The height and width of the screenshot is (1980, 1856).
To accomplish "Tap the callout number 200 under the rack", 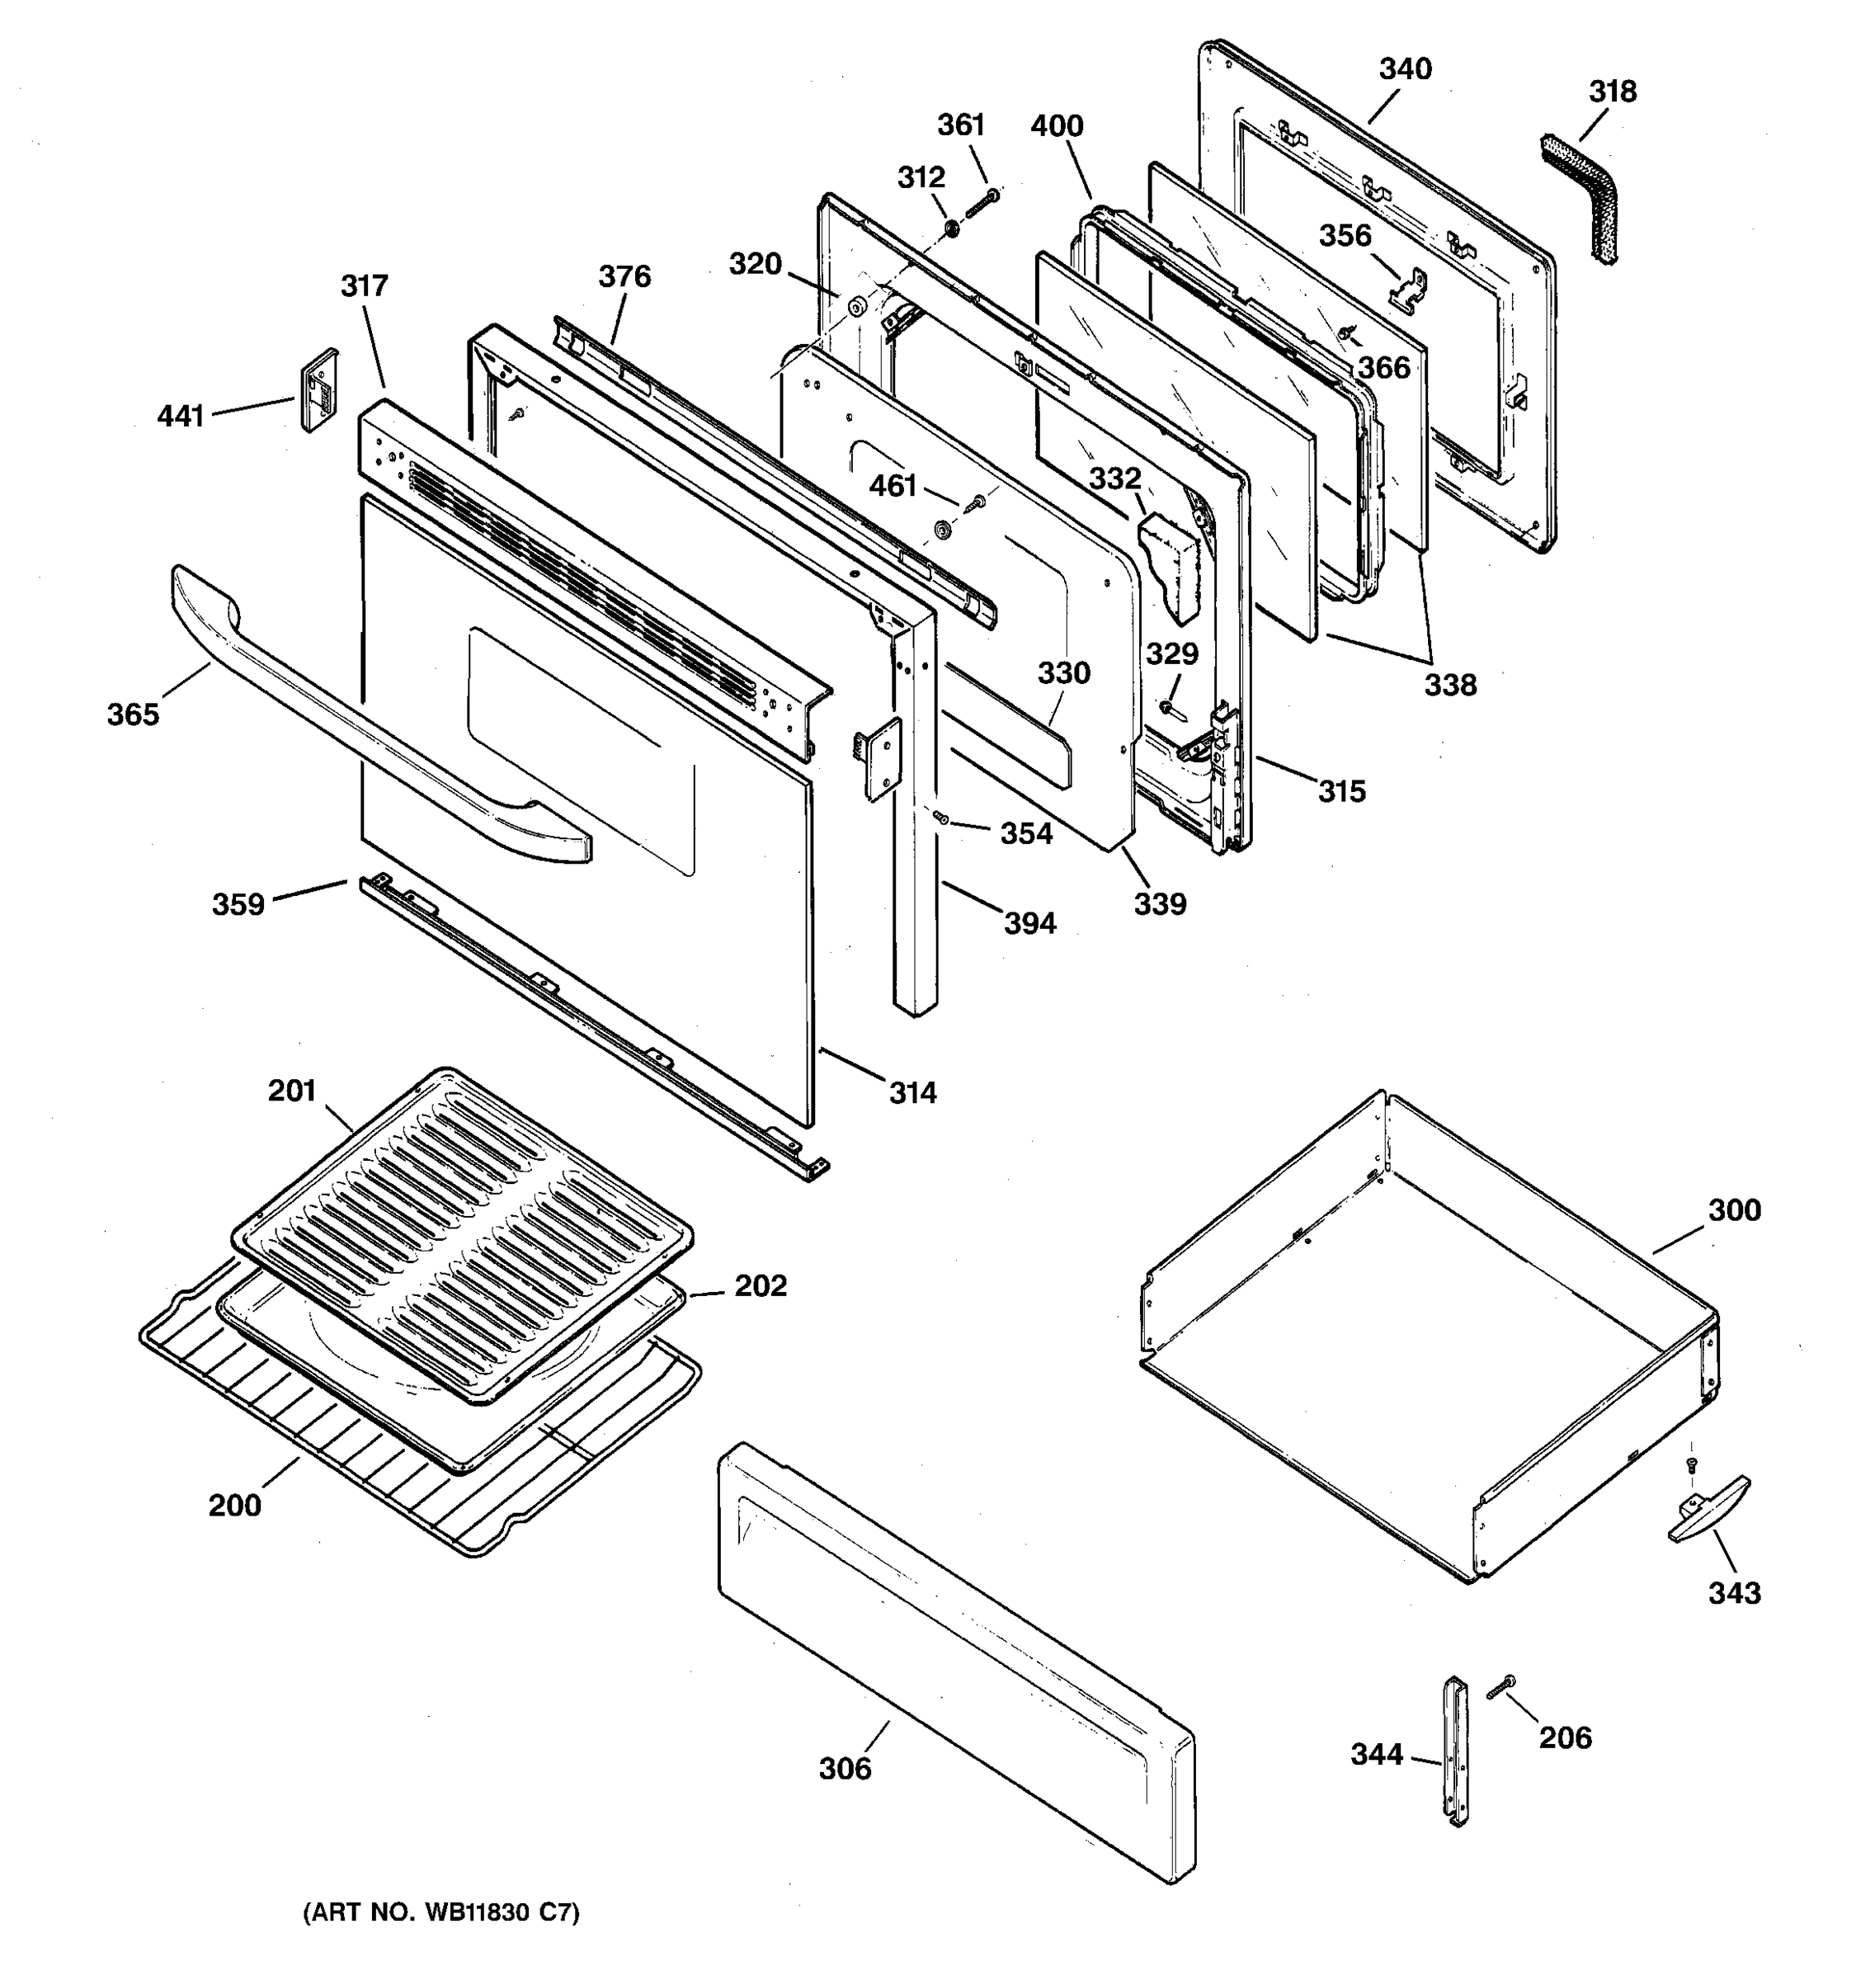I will (235, 1505).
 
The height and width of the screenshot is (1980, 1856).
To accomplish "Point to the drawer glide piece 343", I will (1708, 1508).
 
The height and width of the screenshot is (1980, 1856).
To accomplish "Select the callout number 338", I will (1450, 686).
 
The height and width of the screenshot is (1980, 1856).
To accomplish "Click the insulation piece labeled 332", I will (1175, 568).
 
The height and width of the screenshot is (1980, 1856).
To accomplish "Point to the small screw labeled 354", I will (940, 818).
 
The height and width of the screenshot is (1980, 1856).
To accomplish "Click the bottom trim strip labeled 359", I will (587, 1025).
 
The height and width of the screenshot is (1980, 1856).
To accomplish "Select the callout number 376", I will (624, 277).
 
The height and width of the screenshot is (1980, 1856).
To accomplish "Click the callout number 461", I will (893, 486).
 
